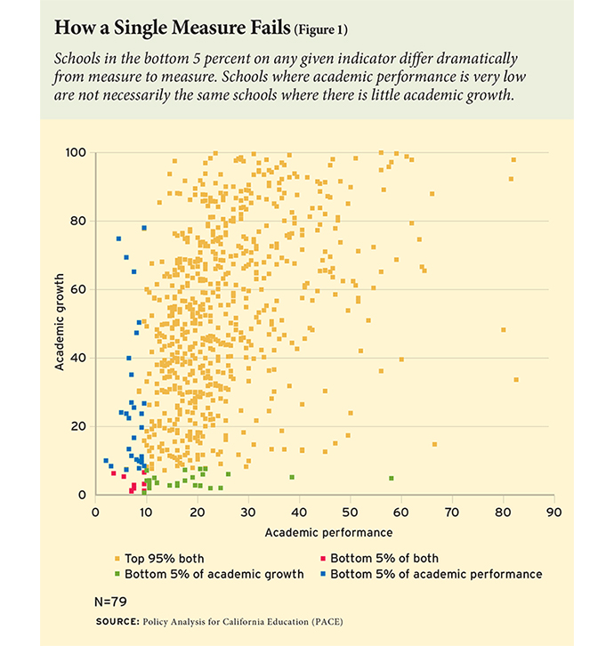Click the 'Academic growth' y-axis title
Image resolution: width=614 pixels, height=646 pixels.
(60, 324)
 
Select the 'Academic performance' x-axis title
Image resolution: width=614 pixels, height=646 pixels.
(327, 533)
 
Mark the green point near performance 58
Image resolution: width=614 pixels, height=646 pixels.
(391, 479)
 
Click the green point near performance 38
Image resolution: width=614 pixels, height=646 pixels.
(292, 478)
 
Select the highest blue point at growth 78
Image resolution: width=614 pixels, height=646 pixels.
(144, 228)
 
